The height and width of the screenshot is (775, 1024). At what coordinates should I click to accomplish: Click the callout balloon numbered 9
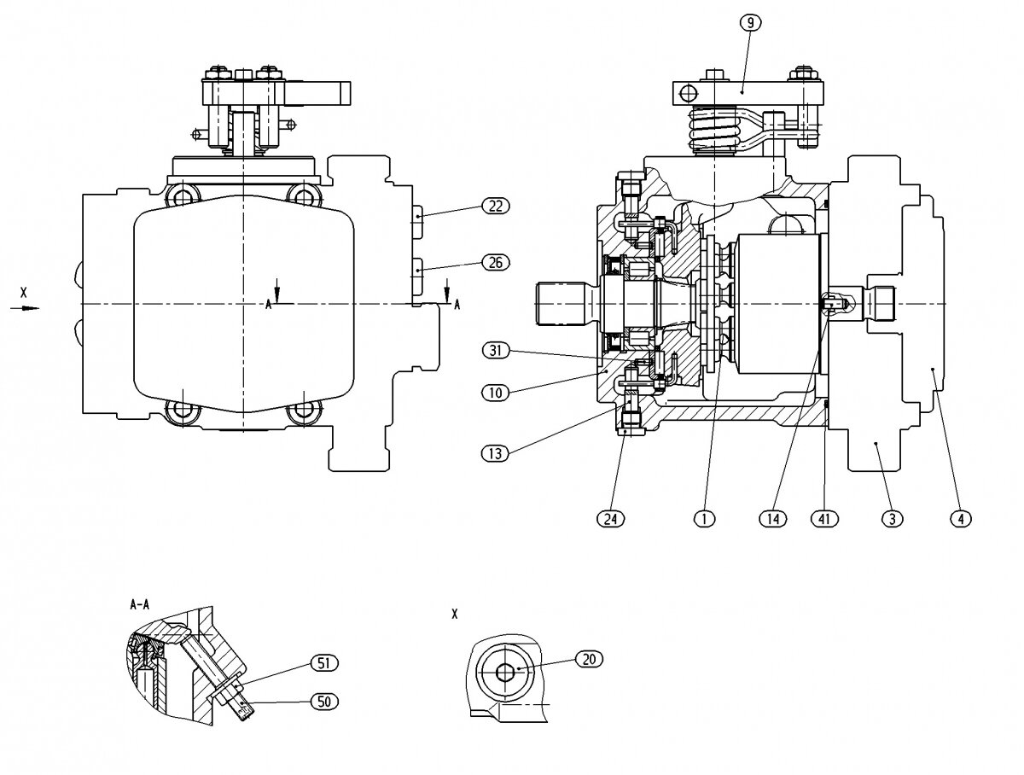click(750, 23)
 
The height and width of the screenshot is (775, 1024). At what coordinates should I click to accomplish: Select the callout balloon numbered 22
click(496, 206)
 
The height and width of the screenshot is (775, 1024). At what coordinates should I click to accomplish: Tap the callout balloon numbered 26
click(496, 262)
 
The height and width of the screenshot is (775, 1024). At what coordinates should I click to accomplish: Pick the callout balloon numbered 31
click(496, 350)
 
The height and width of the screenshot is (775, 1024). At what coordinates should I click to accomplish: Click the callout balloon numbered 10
click(496, 393)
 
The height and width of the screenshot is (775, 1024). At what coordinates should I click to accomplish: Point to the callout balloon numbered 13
click(496, 453)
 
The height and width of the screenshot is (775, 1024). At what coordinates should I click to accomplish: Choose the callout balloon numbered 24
click(611, 519)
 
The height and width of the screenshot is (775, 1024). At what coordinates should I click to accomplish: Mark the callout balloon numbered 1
click(704, 519)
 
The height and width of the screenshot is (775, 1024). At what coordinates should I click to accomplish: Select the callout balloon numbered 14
click(773, 519)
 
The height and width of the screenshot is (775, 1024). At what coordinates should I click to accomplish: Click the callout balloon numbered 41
click(824, 519)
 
